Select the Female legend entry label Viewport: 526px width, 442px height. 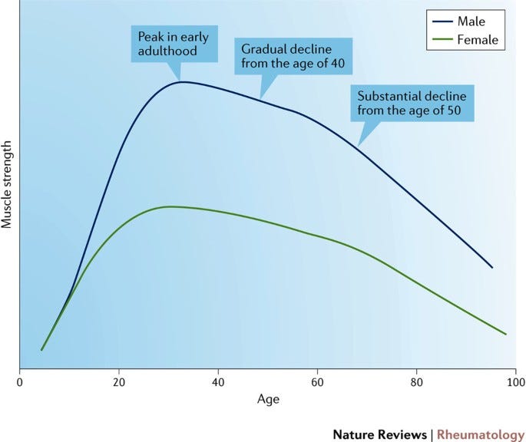(x=477, y=39)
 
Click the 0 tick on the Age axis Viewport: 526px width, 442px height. (x=19, y=381)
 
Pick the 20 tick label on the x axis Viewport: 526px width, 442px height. (x=118, y=381)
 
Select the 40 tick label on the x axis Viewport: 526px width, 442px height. (x=218, y=381)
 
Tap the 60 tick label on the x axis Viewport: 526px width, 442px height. (x=317, y=381)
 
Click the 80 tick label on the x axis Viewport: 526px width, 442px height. (x=416, y=381)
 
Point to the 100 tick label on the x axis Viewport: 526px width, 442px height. (x=515, y=381)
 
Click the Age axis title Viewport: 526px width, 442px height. (x=268, y=399)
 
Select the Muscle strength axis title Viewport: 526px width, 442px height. (x=9, y=185)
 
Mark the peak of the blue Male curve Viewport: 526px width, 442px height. (x=183, y=81)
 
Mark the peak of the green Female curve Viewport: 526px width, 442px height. (x=169, y=206)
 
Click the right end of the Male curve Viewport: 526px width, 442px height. (x=492, y=268)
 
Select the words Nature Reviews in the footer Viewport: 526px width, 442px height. (x=381, y=434)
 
